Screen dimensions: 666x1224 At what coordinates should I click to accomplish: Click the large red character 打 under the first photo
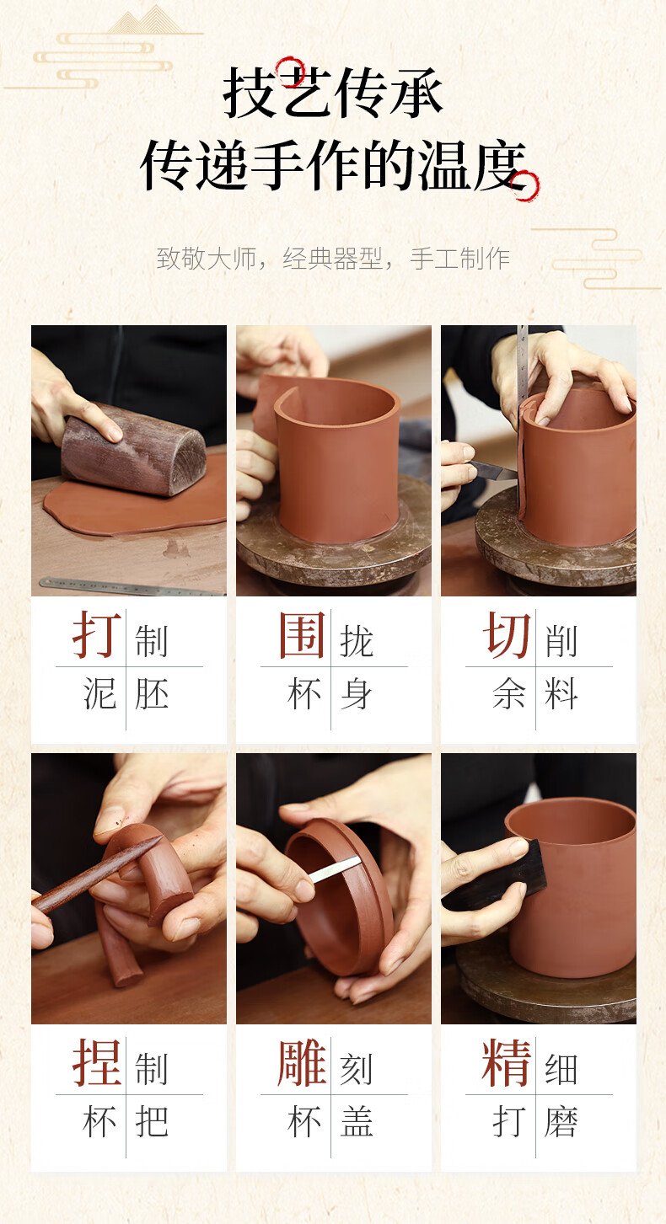(x=97, y=634)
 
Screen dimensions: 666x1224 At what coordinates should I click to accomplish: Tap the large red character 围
(x=302, y=634)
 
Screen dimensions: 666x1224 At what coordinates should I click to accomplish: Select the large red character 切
(x=507, y=634)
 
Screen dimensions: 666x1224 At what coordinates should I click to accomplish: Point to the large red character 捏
(x=97, y=1062)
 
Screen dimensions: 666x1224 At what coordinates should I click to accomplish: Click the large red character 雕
(x=302, y=1062)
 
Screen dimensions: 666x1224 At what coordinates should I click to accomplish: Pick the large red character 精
(x=507, y=1062)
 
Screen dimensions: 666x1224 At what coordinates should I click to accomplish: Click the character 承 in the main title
(x=416, y=93)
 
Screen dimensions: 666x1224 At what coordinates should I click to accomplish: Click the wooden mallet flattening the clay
(x=132, y=449)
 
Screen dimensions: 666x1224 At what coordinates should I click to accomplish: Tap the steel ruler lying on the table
(x=132, y=586)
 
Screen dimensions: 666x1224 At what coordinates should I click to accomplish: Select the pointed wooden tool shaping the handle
(x=97, y=874)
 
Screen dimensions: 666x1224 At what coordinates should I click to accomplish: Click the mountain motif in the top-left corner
(x=145, y=21)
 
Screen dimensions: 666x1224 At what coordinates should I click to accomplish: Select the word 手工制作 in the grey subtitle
(x=459, y=259)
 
